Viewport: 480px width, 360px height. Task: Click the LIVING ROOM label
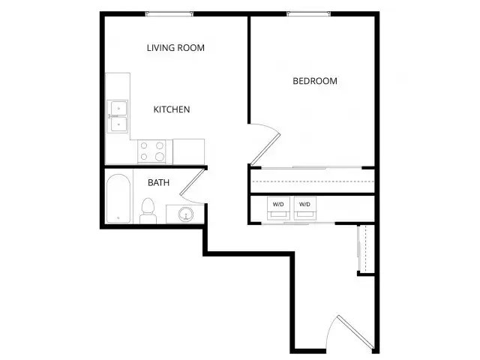[x=175, y=48]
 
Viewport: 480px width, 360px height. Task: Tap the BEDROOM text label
[x=315, y=81]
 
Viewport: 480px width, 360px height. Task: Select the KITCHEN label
[x=172, y=109]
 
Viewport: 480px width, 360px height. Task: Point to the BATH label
[x=158, y=183]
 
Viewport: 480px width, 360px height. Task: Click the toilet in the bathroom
[x=148, y=211]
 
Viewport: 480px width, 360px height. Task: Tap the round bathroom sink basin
[x=186, y=214]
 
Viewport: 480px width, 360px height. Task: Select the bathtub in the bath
[x=118, y=198]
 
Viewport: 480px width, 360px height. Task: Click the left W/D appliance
[x=278, y=208]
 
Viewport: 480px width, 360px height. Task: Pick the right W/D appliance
[x=305, y=208]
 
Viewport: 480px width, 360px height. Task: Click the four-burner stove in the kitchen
[x=151, y=151]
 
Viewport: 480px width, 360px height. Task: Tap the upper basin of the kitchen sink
[x=118, y=108]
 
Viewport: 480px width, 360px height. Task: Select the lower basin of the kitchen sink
[x=118, y=124]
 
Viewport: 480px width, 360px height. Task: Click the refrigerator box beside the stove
[x=188, y=151]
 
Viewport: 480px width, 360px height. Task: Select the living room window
[x=169, y=13]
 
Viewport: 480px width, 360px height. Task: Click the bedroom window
[x=309, y=13]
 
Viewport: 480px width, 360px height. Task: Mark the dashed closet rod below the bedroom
[x=313, y=181]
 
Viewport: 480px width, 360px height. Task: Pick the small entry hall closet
[x=366, y=249]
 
